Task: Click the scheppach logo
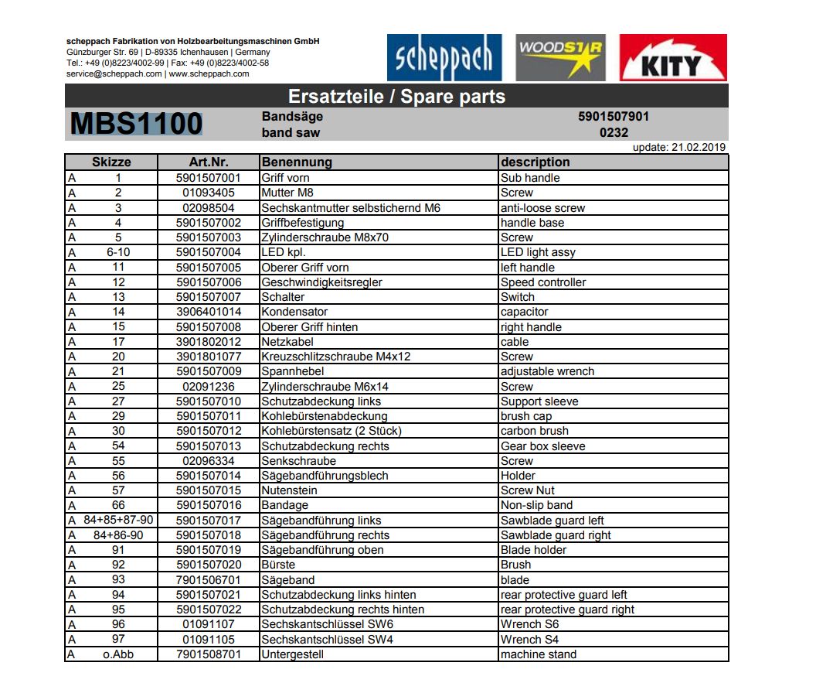444,58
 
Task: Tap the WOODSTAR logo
560,58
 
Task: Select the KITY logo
672,58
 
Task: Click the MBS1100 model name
136,125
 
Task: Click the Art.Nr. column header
208,162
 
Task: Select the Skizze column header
111,162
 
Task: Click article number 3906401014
209,312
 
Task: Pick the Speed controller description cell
543,282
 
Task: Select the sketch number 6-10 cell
118,252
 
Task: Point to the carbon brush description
535,431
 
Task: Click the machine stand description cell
539,654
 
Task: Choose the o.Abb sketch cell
118,654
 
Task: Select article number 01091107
209,624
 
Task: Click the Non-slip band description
536,505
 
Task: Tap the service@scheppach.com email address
114,74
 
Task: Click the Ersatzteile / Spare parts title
396,97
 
